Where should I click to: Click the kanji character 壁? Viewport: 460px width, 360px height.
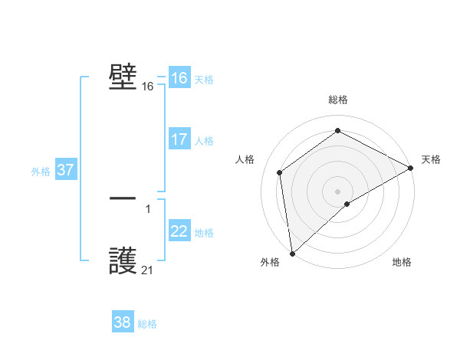[x=123, y=77]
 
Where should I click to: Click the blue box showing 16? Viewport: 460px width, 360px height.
[x=179, y=78]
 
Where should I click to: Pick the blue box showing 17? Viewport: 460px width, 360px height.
[x=179, y=139]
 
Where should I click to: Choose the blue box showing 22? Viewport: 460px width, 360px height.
[x=179, y=231]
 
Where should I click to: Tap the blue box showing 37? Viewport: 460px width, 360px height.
[x=65, y=170]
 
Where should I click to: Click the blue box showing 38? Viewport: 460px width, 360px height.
[x=122, y=322]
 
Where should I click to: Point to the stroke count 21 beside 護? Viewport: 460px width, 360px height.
[x=147, y=270]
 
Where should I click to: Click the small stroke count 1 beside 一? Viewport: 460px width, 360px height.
[x=148, y=208]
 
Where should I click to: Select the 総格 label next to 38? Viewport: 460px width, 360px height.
[x=147, y=324]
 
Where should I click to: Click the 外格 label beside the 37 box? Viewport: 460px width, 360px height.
[x=41, y=172]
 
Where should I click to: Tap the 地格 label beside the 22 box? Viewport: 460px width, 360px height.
[x=204, y=233]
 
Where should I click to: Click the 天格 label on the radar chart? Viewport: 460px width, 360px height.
[x=431, y=159]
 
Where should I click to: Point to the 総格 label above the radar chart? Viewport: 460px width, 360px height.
[x=337, y=100]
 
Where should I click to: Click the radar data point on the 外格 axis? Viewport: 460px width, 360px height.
[x=292, y=253]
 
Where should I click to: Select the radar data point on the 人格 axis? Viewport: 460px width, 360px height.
[x=280, y=172]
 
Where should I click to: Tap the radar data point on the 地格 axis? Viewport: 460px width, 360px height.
[x=347, y=204]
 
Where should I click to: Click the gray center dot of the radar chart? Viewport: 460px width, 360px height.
[x=337, y=191]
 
